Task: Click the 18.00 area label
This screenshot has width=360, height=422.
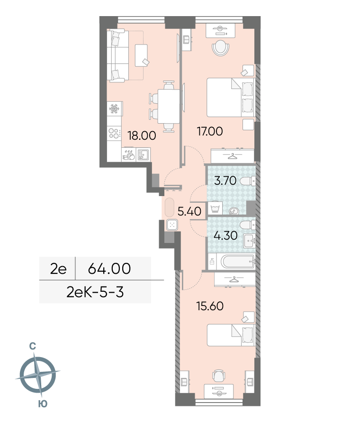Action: click(142, 135)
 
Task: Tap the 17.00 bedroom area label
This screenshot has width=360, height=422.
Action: click(210, 131)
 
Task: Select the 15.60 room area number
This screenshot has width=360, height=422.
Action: click(210, 306)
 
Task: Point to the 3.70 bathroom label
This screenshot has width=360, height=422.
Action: click(225, 180)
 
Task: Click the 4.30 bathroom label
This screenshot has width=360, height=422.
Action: click(225, 235)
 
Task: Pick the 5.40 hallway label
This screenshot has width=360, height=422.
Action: click(189, 211)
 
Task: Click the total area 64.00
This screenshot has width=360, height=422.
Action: click(109, 269)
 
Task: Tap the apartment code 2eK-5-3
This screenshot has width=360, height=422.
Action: click(95, 292)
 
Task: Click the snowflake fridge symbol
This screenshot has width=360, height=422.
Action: click(114, 109)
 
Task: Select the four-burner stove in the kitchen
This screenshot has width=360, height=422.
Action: click(114, 134)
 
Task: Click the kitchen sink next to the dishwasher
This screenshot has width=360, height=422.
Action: click(143, 154)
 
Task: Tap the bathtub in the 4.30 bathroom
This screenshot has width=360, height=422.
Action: click(238, 261)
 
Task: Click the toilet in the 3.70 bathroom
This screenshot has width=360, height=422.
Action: click(247, 181)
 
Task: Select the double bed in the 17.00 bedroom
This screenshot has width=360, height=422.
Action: click(231, 98)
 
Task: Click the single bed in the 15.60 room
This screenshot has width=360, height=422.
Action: click(231, 335)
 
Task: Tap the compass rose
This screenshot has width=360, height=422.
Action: click(38, 375)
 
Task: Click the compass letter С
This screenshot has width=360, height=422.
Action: click(33, 346)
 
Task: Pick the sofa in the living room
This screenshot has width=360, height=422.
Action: click(117, 56)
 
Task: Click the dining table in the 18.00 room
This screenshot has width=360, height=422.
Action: click(169, 106)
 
